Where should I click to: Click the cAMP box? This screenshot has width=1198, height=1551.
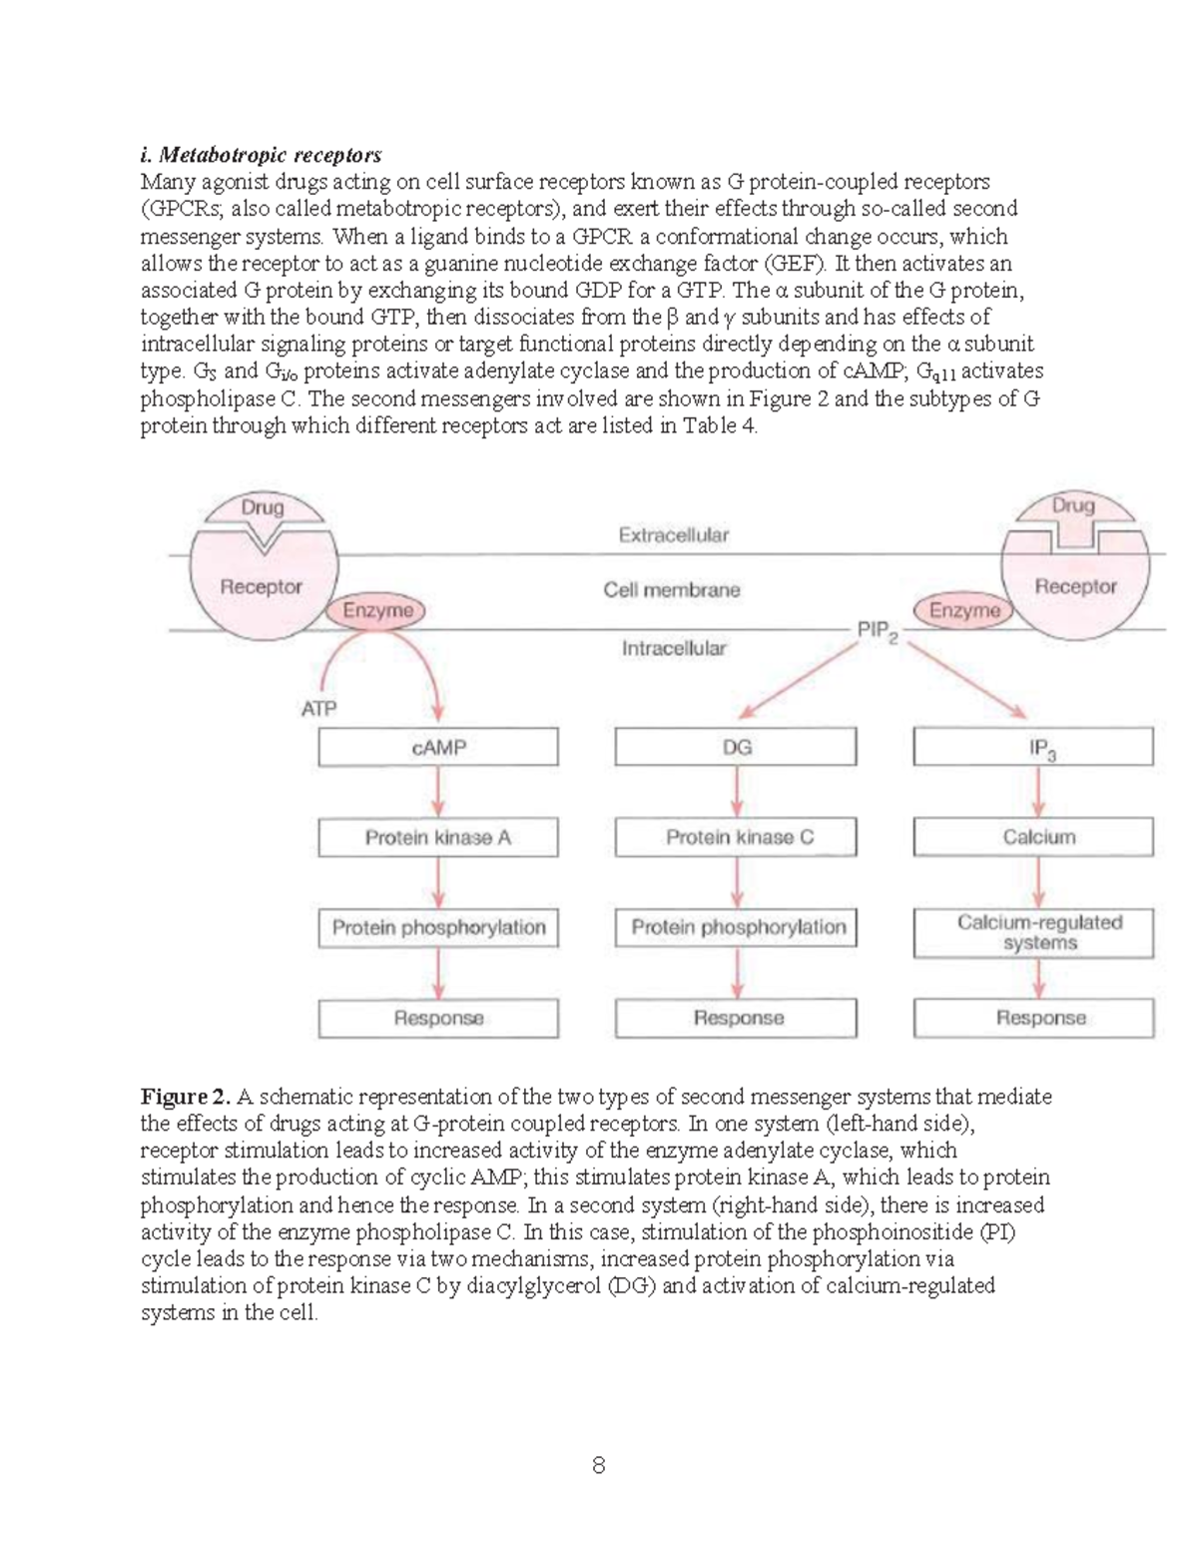tap(438, 747)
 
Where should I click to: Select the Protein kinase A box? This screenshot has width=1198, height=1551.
tap(438, 837)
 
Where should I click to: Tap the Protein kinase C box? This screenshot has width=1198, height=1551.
tap(736, 837)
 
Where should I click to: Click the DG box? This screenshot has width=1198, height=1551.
tap(736, 747)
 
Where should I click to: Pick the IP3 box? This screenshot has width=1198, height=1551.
tap(1033, 747)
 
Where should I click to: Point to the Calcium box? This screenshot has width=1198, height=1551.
tap(1033, 837)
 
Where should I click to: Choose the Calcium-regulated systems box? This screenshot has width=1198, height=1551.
tap(1033, 933)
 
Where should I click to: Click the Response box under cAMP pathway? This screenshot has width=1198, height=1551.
tap(438, 1019)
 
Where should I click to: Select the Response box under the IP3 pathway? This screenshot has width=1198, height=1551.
tap(1033, 1019)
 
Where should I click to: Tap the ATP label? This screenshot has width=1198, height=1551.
tap(318, 709)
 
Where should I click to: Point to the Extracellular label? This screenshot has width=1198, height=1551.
tap(674, 535)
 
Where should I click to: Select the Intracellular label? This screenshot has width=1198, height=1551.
tap(674, 649)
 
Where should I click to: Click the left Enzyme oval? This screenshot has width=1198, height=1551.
tap(376, 610)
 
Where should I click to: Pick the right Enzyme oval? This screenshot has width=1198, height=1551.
tap(964, 610)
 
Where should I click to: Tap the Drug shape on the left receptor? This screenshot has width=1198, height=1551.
tap(263, 510)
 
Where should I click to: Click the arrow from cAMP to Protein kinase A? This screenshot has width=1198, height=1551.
tap(438, 793)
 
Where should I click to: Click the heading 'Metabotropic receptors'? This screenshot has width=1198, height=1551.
tap(262, 155)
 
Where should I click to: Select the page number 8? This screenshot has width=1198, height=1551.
tap(598, 1465)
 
